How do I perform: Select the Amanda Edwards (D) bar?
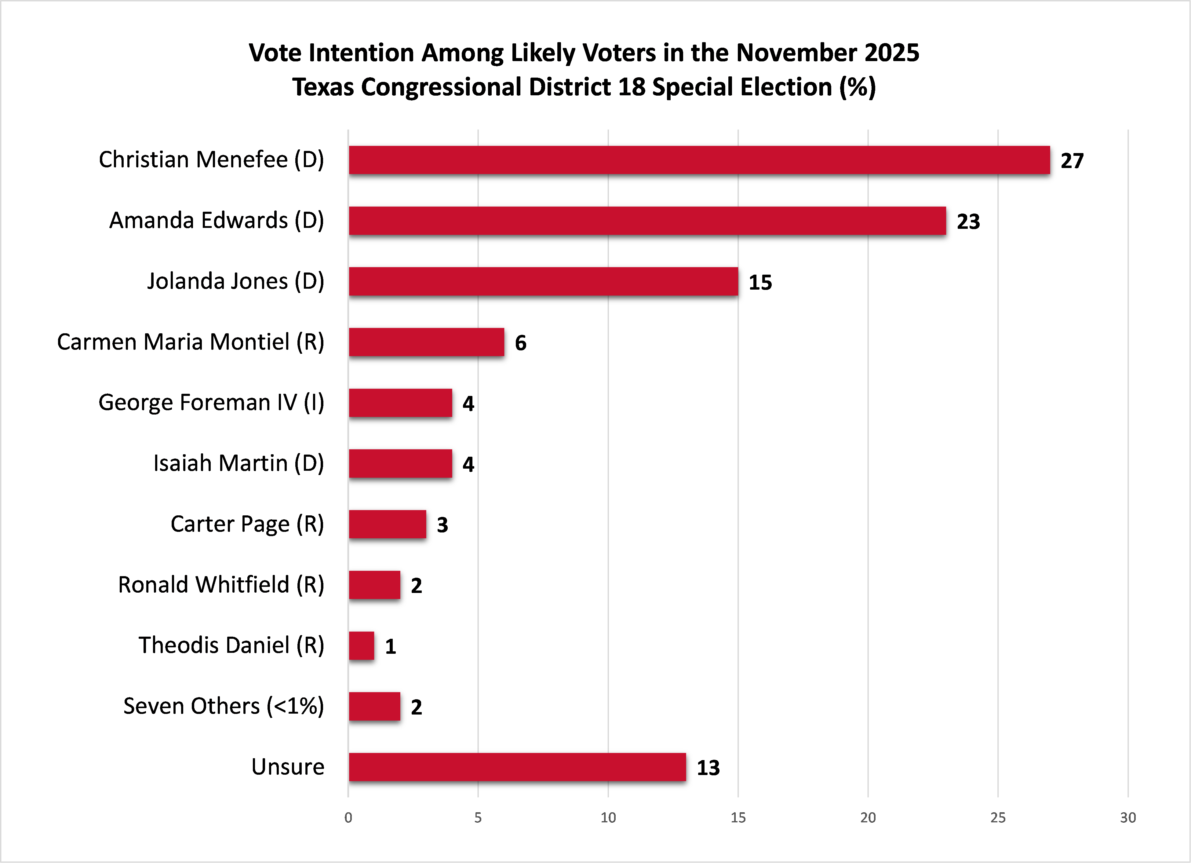pyautogui.click(x=647, y=221)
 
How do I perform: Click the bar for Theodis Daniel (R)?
pyautogui.click(x=361, y=645)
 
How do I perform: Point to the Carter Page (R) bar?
pyautogui.click(x=387, y=524)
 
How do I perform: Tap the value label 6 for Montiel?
pyautogui.click(x=520, y=343)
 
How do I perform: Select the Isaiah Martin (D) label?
pyautogui.click(x=239, y=463)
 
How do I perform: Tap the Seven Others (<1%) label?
pyautogui.click(x=223, y=706)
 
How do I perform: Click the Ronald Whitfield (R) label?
pyautogui.click(x=220, y=585)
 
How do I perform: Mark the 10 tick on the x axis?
pyautogui.click(x=608, y=817)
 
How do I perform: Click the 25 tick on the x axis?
pyautogui.click(x=998, y=817)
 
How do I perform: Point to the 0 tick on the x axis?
pyautogui.click(x=348, y=817)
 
